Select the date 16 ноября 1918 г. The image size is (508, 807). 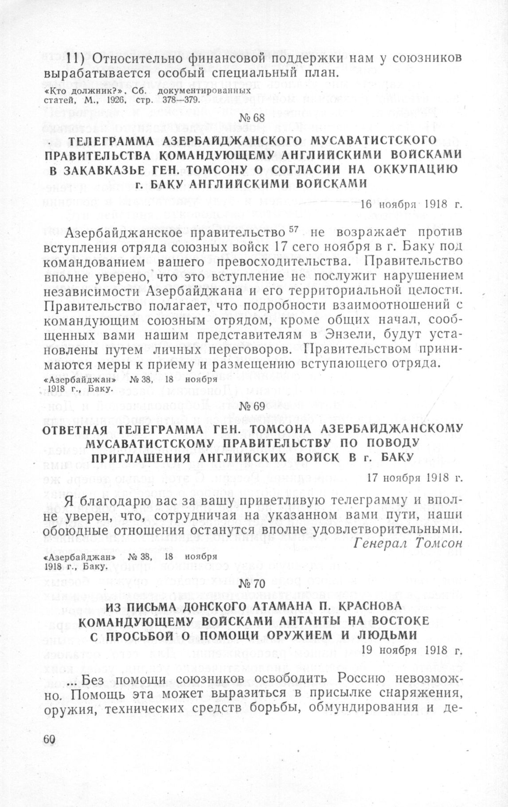[x=411, y=205]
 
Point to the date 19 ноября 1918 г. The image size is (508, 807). [x=412, y=650]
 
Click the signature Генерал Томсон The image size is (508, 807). [x=408, y=543]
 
